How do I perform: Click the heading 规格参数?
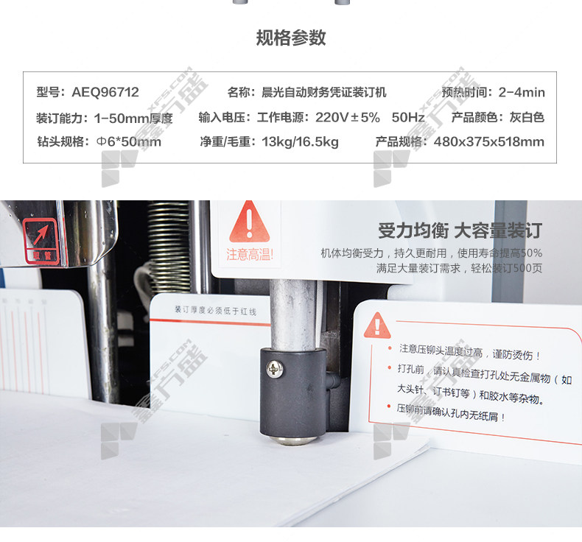(x=291, y=38)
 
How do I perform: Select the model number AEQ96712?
(x=105, y=92)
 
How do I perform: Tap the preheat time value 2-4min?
(x=522, y=92)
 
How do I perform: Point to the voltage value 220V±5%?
(x=348, y=117)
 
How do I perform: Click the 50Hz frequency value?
(x=408, y=117)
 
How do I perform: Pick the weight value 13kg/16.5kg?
(x=300, y=141)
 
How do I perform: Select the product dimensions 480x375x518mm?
(x=489, y=141)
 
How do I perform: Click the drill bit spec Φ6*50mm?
(x=128, y=141)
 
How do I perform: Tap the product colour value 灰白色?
(x=527, y=117)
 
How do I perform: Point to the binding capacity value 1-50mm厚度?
(x=133, y=119)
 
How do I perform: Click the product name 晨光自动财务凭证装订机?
(x=323, y=92)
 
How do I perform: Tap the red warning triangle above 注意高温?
(x=250, y=222)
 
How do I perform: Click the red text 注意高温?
(x=250, y=255)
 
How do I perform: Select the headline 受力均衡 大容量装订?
(x=460, y=230)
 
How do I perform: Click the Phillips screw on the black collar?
(x=275, y=369)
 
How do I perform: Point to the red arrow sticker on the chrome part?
(x=40, y=240)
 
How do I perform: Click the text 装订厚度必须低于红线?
(x=215, y=310)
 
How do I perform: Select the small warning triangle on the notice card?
(x=377, y=325)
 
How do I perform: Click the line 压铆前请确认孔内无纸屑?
(x=451, y=413)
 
